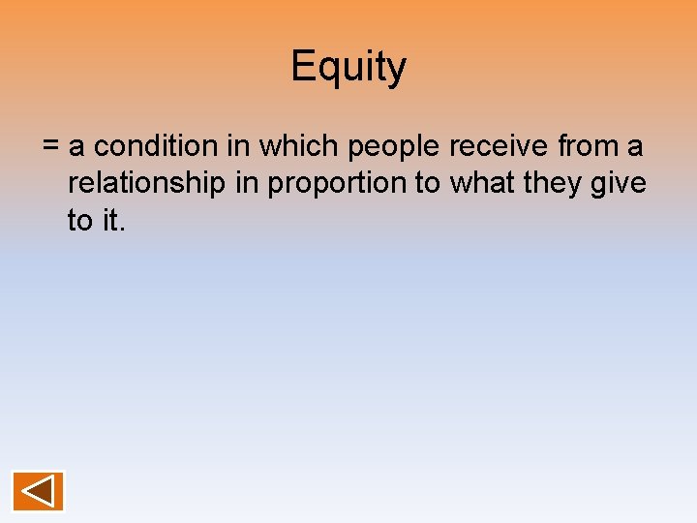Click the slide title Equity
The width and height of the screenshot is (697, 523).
(348, 68)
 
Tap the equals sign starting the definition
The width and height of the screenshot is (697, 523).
(51, 147)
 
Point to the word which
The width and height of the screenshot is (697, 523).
(299, 146)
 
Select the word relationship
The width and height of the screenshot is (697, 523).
(146, 184)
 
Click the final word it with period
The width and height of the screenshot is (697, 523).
(114, 221)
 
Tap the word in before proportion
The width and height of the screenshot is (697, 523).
(248, 183)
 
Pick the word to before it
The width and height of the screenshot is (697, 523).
(79, 221)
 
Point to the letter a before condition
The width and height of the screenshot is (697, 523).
(77, 147)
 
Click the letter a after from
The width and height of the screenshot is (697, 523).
(635, 147)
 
